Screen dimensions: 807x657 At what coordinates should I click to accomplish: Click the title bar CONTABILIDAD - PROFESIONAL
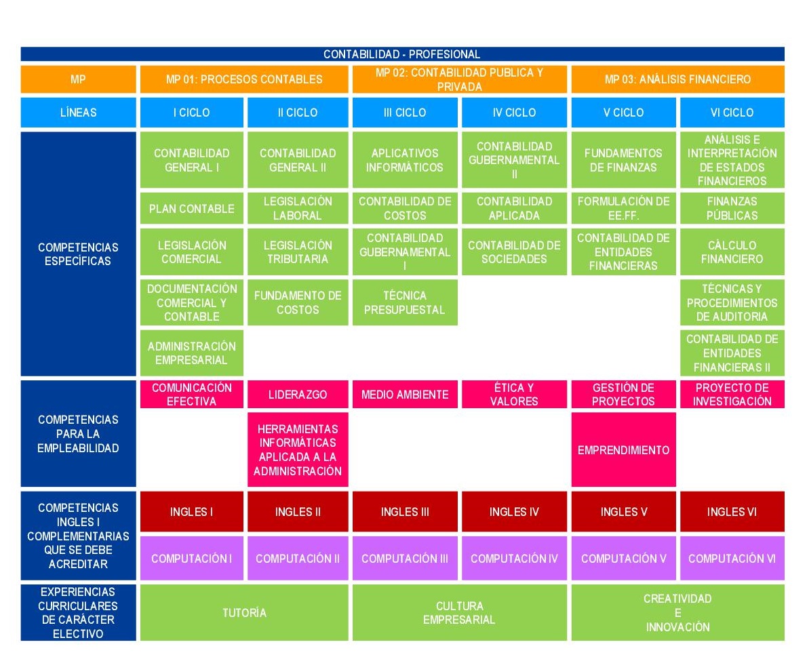[402, 54]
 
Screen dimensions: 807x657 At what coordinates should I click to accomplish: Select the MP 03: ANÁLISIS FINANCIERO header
[678, 79]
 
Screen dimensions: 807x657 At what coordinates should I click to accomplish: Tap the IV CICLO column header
[514, 112]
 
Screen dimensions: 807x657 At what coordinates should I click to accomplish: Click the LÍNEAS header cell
[78, 112]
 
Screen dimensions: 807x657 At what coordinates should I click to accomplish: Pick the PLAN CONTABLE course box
[191, 208]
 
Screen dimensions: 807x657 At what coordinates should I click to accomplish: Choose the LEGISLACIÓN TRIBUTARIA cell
[298, 252]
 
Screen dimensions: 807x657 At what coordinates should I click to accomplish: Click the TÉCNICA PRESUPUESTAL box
[405, 302]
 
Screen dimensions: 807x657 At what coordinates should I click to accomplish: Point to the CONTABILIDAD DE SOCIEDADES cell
[514, 252]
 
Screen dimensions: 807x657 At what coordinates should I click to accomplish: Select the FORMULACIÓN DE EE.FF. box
[623, 208]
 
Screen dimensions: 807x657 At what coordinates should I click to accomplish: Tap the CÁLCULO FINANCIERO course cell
[732, 252]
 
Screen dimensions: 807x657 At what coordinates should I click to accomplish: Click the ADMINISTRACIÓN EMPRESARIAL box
[191, 353]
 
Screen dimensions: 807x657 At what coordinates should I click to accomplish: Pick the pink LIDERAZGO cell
[298, 394]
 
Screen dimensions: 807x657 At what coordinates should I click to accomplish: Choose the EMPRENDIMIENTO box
[623, 450]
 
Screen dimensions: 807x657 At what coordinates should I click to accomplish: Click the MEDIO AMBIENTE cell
[405, 394]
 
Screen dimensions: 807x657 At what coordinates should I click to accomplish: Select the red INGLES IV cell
[514, 511]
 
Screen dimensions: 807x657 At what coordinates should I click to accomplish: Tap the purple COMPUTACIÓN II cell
[298, 558]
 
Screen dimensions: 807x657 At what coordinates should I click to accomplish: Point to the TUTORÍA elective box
[244, 612]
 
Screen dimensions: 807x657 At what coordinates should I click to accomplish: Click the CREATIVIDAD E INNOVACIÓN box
[678, 612]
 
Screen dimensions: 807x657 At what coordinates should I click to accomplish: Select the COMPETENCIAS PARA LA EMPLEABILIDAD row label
[78, 433]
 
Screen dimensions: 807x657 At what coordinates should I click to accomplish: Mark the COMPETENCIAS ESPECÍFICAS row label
[78, 254]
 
